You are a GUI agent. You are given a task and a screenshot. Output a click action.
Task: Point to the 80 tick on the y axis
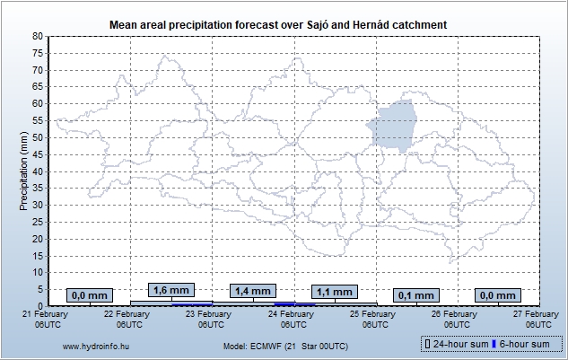(37, 36)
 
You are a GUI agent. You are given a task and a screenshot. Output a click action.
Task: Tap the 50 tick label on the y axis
(37, 137)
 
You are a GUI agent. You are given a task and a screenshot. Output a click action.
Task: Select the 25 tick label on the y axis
(37, 222)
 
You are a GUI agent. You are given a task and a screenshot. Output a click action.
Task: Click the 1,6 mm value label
(170, 291)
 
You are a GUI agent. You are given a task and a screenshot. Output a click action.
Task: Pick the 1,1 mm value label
(335, 292)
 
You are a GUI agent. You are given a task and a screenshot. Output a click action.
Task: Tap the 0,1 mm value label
(415, 295)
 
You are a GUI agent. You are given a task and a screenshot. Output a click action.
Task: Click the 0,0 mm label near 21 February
(89, 295)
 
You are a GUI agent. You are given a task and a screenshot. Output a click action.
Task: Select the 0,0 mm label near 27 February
(498, 295)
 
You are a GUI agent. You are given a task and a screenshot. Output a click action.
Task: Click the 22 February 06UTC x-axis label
(126, 319)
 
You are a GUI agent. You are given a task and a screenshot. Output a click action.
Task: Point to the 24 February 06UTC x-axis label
(291, 319)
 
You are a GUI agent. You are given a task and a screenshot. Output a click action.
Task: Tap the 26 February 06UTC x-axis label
(454, 319)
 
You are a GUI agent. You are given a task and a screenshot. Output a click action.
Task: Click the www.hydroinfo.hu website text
(94, 346)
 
